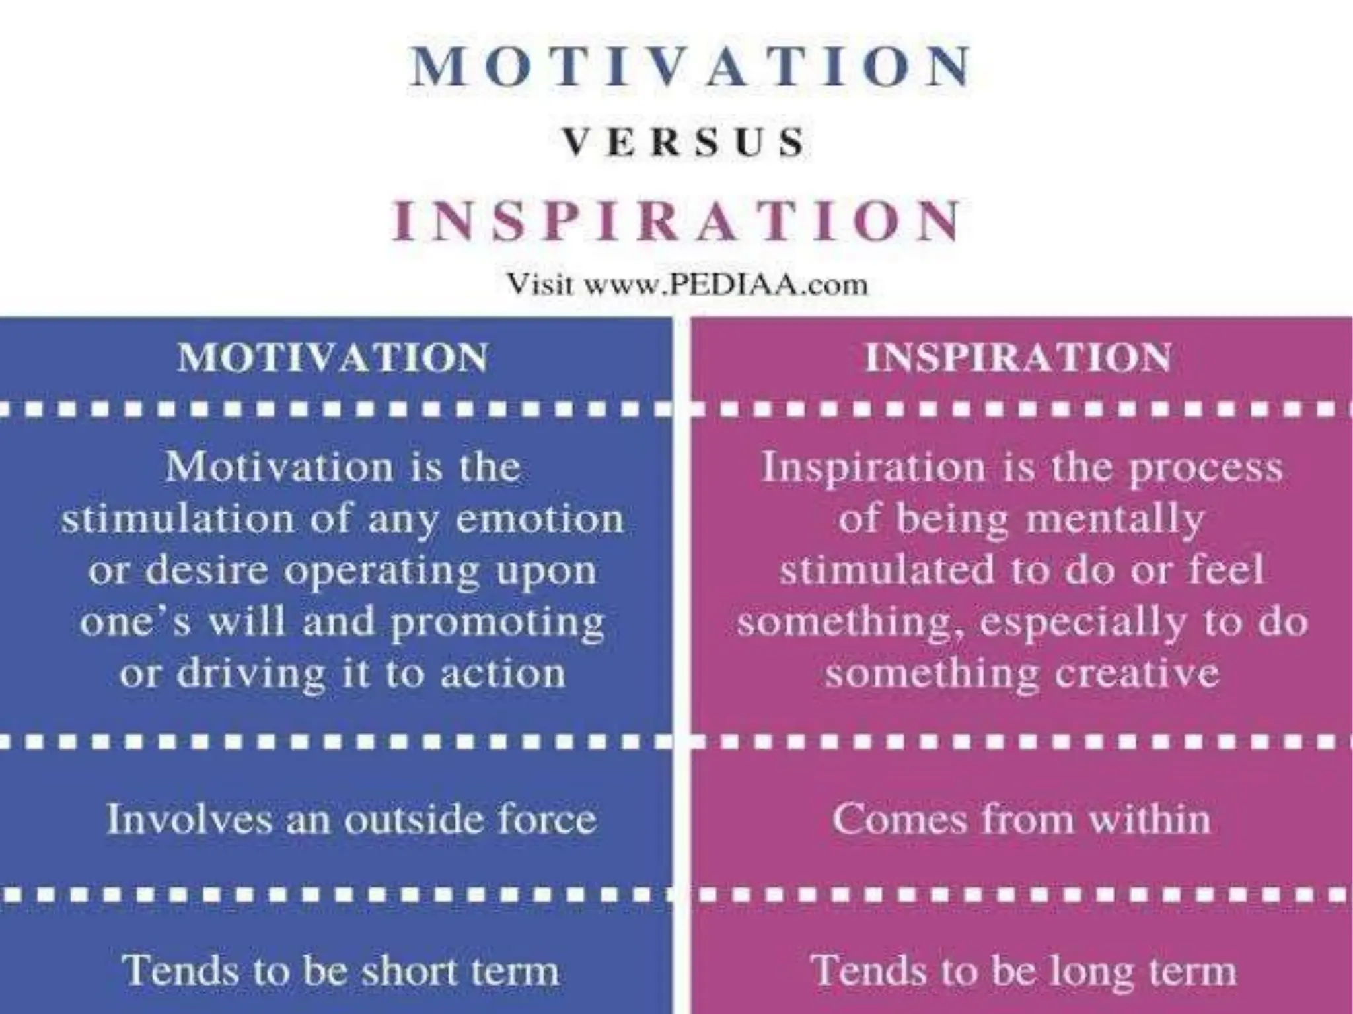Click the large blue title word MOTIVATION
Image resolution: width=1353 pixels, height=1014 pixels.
point(691,67)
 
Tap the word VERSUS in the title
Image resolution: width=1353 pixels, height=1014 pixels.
point(684,143)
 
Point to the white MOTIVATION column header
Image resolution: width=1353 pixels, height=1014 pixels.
point(333,358)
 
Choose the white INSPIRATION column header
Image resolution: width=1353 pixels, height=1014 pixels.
point(1018,358)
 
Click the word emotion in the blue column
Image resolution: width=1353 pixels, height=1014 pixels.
point(540,519)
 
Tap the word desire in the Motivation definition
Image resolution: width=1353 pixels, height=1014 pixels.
point(206,570)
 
